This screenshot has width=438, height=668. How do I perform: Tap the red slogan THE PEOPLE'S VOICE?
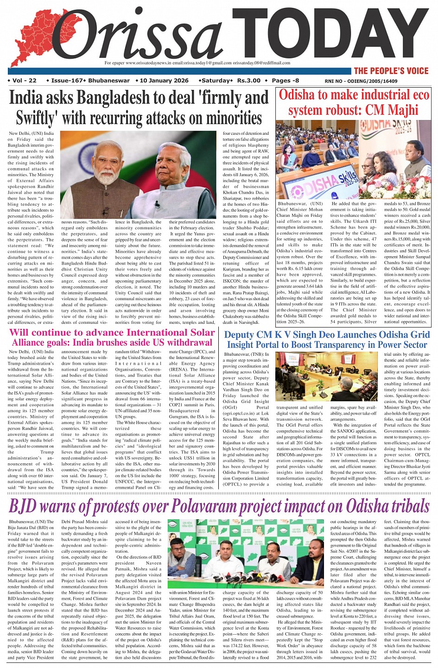click(391, 71)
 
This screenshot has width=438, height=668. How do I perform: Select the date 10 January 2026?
click(164, 81)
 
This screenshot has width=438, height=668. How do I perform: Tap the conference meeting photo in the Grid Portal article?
click(326, 376)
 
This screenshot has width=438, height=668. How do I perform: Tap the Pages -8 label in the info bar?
click(286, 81)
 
